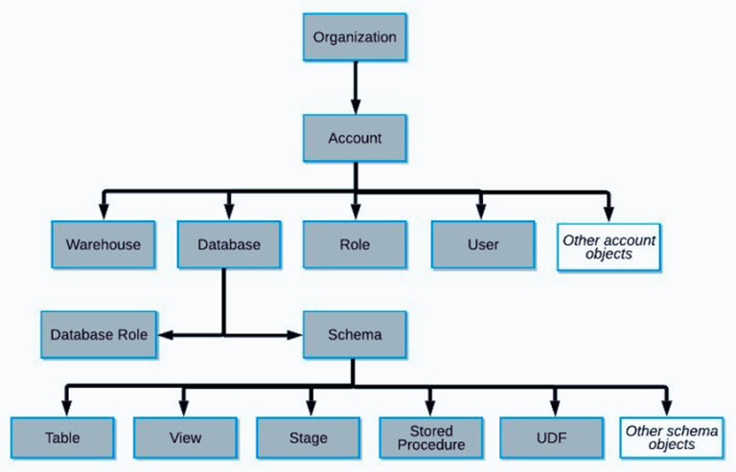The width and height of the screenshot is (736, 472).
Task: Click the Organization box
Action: [x=355, y=38]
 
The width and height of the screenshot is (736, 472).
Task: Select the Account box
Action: [x=355, y=138]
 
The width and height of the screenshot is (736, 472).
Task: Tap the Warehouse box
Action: [x=103, y=244]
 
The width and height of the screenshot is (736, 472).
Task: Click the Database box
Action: [x=228, y=244]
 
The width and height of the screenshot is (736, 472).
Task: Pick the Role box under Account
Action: [x=355, y=244]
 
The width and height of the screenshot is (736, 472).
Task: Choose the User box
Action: [x=482, y=244]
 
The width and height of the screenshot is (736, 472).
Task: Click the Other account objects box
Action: [x=609, y=246]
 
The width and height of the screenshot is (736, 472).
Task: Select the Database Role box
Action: [x=100, y=335]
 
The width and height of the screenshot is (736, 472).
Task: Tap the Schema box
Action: [x=355, y=335]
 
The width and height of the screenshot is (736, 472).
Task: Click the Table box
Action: [x=62, y=438]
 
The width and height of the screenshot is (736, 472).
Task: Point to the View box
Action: [x=185, y=438]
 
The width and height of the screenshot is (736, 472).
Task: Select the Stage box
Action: [x=308, y=438]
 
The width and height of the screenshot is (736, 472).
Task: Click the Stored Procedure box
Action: [x=429, y=438]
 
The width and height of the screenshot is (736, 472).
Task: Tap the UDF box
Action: [x=551, y=438]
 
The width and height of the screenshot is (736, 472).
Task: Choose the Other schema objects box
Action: [x=671, y=438]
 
